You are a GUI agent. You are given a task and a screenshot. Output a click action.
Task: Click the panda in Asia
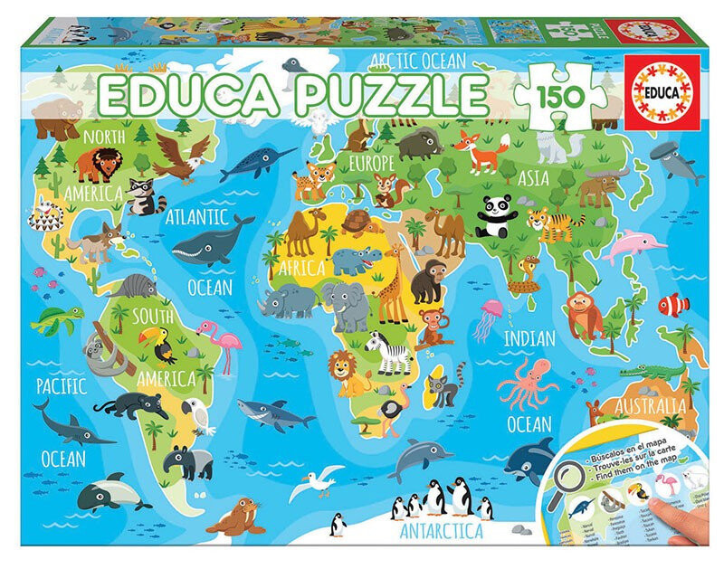(x=495, y=218)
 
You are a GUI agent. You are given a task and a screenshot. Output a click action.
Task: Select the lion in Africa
(x=348, y=371)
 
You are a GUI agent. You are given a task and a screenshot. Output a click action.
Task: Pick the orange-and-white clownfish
(x=672, y=305)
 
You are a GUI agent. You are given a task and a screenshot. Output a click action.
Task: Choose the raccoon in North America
(x=140, y=195)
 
